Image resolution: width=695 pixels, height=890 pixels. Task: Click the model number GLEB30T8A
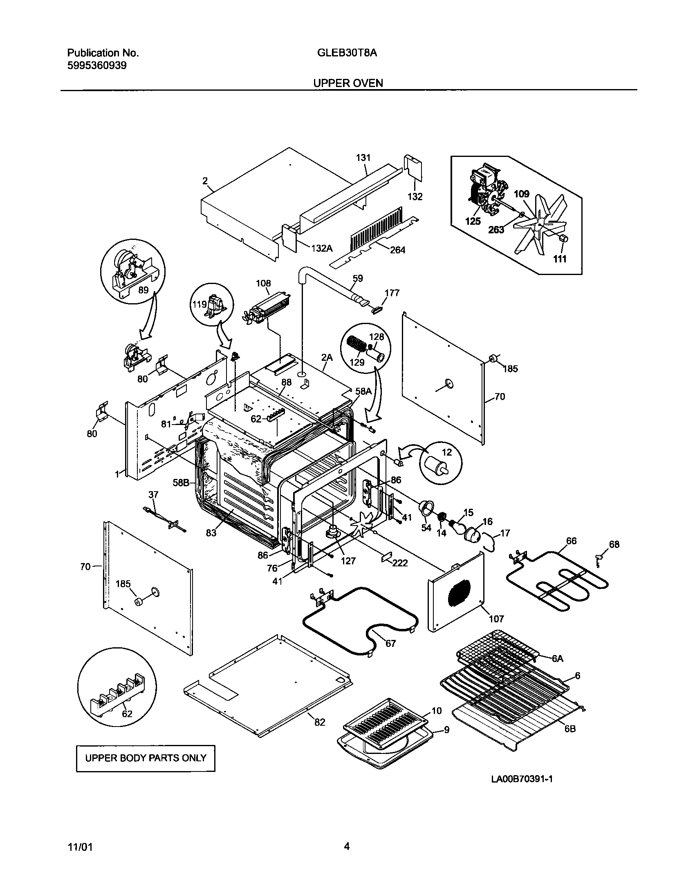click(347, 53)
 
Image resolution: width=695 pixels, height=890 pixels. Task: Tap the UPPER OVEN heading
click(348, 83)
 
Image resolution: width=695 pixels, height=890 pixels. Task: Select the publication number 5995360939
click(96, 65)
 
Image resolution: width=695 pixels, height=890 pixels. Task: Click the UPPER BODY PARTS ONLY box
click(146, 758)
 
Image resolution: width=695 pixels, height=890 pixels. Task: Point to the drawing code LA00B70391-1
click(522, 790)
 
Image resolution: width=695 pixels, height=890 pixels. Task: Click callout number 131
click(363, 158)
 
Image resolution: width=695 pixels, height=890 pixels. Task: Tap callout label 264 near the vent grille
click(397, 250)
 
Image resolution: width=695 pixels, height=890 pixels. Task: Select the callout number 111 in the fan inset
click(560, 259)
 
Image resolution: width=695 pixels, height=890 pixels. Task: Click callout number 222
click(400, 563)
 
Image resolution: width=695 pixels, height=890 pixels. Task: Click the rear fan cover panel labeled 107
click(456, 597)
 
